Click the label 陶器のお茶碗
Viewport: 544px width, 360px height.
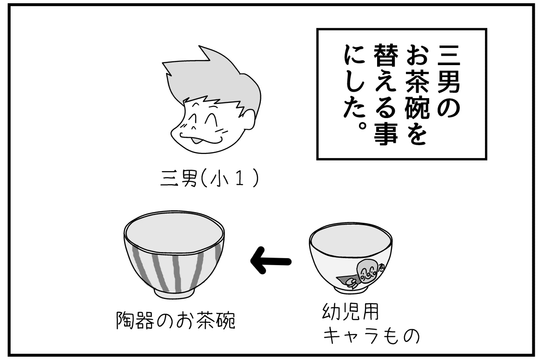tap(175, 320)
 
